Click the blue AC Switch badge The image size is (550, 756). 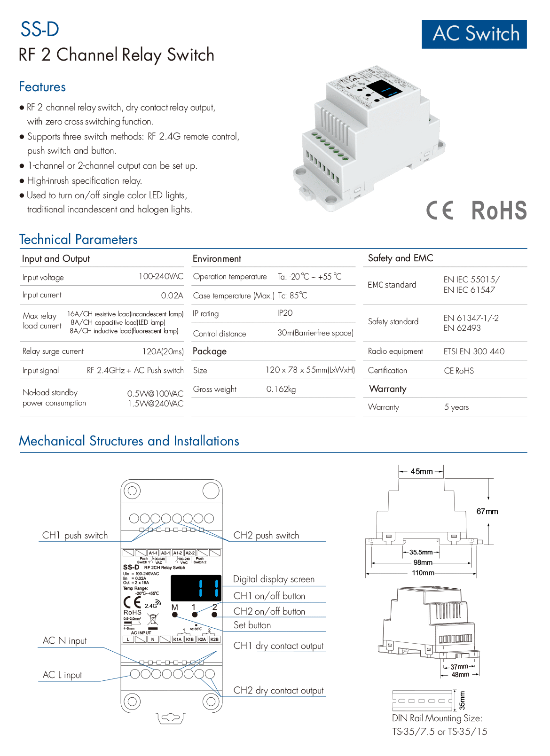pos(474,34)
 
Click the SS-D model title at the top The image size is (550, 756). pos(40,29)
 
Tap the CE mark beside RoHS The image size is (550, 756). pos(440,210)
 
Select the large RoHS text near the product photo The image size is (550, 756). pos(499,210)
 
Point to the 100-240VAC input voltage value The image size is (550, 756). pos(161,276)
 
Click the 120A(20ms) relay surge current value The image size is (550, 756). pos(163,351)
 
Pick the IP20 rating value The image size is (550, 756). pos(285,313)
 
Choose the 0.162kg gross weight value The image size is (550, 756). pos(281,389)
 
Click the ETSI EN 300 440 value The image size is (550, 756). pos(474,351)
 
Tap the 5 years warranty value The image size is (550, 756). pos(456,407)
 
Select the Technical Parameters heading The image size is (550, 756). pos(79,240)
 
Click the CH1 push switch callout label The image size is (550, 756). pos(75,535)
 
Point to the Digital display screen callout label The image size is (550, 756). pos(274,579)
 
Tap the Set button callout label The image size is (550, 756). pos(252,625)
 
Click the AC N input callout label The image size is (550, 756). pos(65,640)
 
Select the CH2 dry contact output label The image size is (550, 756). pos(279,690)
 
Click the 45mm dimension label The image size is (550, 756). pos(421,471)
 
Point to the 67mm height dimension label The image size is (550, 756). pos(487,511)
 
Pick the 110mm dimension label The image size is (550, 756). pos(423,573)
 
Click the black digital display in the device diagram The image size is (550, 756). pos(196,588)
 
